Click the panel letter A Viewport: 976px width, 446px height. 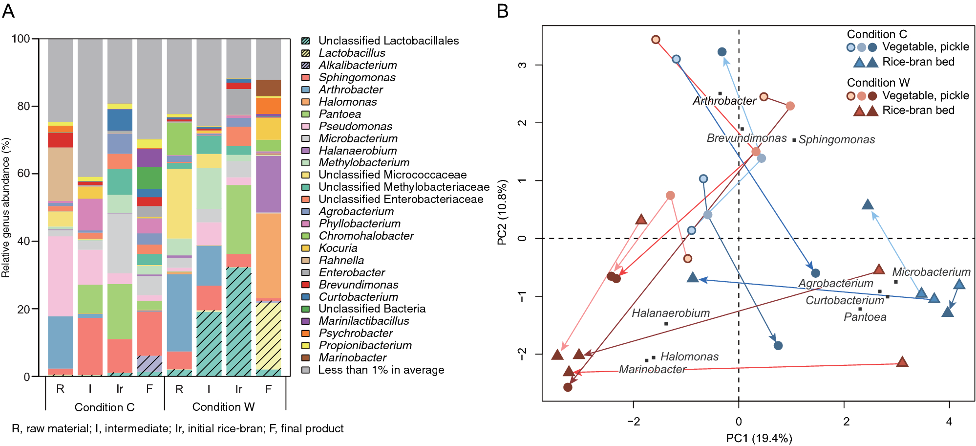8,11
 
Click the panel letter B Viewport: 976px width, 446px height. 503,11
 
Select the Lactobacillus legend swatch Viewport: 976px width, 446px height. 306,53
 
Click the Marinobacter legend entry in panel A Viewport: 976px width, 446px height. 352,357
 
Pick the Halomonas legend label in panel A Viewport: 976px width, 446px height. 347,102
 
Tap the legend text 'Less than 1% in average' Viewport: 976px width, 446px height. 381,370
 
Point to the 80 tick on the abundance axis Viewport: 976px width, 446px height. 23,106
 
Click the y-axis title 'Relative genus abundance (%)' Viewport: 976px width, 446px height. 6,207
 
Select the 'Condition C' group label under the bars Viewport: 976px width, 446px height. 104,407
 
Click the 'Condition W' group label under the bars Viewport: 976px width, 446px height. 223,407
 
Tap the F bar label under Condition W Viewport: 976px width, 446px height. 268,389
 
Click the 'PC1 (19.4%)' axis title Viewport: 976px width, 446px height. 759,438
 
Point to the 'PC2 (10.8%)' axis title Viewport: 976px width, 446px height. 502,212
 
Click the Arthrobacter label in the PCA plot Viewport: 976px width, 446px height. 724,101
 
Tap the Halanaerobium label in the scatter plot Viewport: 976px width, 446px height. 670,313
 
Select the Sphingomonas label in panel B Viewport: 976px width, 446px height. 836,140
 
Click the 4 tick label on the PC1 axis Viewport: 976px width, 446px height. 949,422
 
